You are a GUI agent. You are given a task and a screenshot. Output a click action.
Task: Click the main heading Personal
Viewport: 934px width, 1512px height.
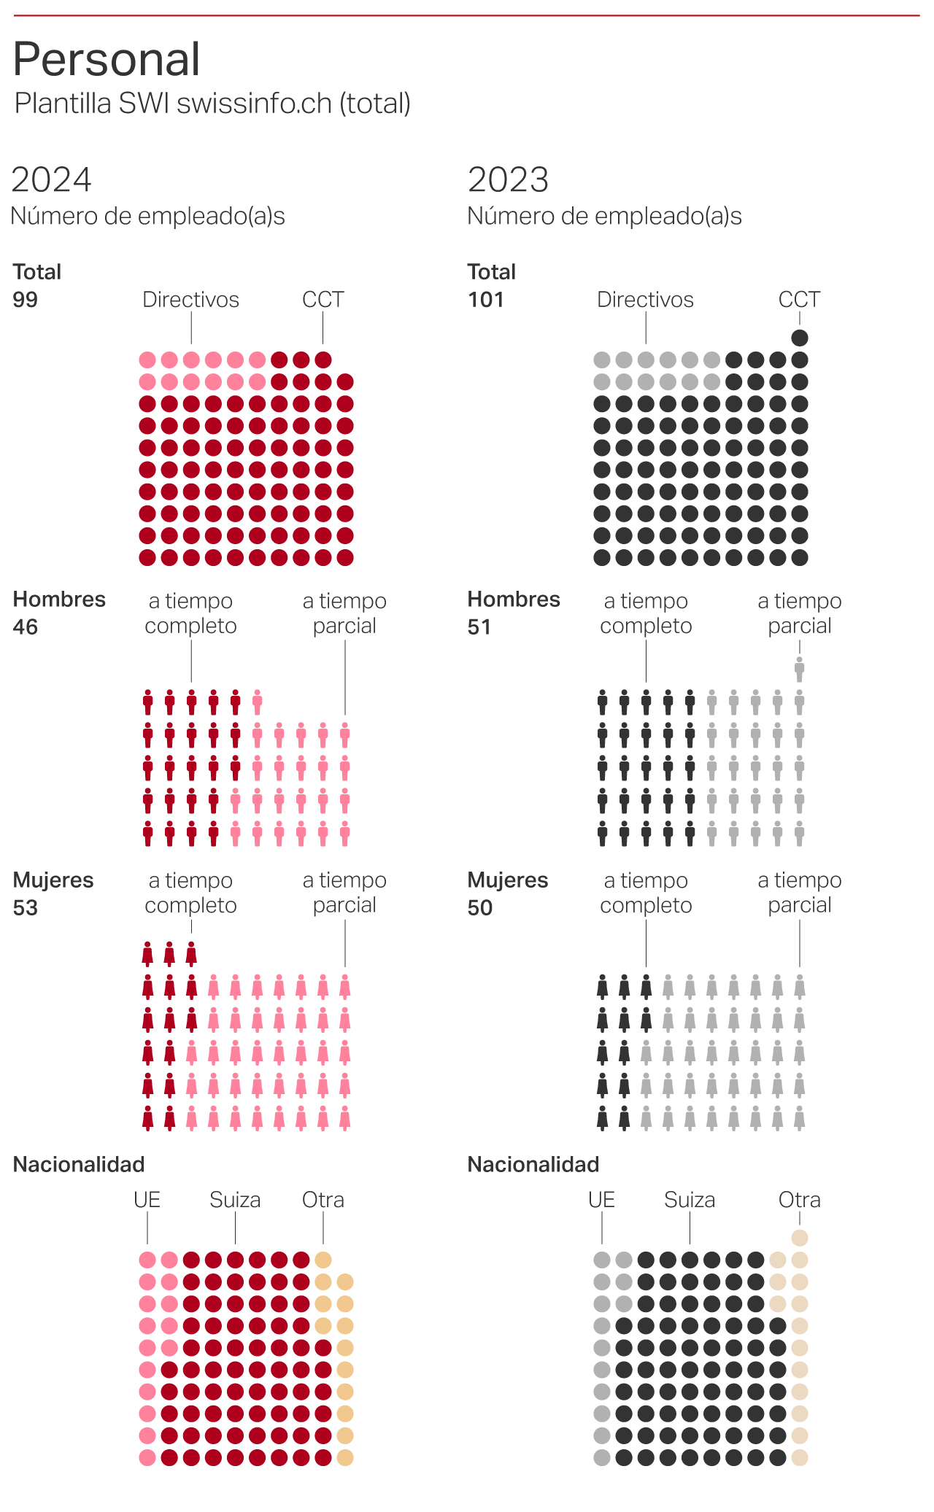(107, 59)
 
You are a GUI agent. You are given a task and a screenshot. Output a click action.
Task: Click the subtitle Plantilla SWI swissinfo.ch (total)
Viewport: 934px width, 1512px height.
(212, 104)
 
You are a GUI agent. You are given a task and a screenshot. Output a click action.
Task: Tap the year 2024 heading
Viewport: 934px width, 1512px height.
(51, 179)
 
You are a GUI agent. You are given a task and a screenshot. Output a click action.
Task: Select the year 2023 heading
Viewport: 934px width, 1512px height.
(508, 179)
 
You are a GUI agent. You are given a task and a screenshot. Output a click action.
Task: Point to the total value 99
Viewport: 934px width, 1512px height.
(25, 300)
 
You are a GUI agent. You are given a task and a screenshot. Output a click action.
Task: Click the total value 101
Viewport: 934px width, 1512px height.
(485, 300)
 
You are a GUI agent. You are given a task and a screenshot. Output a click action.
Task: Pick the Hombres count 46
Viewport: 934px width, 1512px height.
(25, 627)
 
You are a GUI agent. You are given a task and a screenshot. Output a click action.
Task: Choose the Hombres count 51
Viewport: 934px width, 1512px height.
(479, 627)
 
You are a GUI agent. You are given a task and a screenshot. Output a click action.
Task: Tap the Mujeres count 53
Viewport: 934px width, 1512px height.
(25, 908)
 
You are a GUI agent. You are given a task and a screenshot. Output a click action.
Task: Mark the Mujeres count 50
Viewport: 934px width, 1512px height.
(480, 908)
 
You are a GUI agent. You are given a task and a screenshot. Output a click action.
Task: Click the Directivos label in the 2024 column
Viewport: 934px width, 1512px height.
(190, 300)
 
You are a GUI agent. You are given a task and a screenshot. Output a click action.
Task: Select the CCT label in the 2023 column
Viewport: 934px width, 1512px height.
(799, 300)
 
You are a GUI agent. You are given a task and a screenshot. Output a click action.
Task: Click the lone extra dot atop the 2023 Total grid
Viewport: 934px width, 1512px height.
(800, 338)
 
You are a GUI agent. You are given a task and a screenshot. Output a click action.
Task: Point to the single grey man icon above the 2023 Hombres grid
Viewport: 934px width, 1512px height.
(800, 669)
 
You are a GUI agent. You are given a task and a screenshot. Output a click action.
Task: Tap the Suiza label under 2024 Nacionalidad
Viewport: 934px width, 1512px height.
(235, 1200)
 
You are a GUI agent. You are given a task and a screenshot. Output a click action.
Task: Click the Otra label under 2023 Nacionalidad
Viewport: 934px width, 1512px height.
(799, 1200)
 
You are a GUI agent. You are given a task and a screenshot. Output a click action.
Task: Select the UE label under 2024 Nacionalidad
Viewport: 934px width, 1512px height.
(147, 1200)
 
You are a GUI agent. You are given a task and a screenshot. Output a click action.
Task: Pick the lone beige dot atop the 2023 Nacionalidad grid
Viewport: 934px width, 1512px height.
(800, 1238)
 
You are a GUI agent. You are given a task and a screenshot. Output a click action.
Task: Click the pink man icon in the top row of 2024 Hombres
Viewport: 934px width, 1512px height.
(257, 702)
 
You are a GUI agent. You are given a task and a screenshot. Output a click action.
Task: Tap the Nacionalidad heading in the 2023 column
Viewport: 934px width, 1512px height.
(533, 1165)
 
